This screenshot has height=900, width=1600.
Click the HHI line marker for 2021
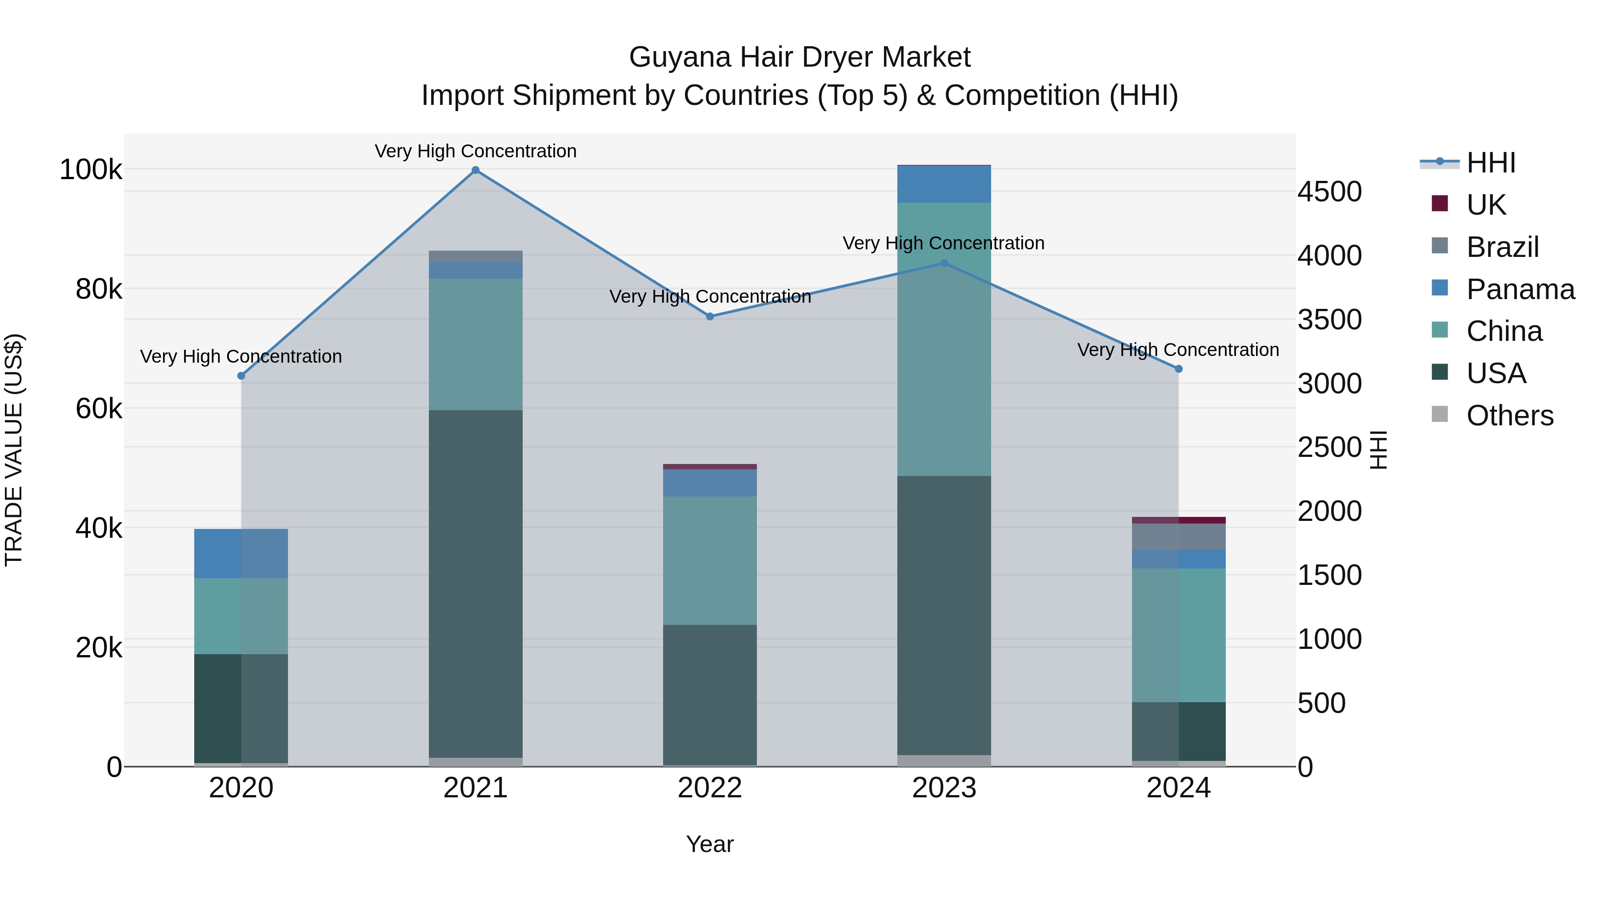475,170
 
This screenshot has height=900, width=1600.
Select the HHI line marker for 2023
944,264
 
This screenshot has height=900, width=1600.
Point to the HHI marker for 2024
1178,369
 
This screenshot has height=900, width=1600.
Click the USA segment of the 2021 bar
475,584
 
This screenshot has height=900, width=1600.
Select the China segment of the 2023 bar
944,339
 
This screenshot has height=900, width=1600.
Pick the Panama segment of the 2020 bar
241,553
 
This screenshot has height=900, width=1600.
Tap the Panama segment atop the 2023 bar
944,184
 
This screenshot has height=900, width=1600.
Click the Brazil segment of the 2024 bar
1178,536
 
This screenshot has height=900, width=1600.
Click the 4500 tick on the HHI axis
1329,192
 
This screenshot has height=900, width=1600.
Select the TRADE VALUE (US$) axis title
14,450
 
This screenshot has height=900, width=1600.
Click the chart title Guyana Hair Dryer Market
800,58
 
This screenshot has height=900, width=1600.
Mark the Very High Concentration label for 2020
241,356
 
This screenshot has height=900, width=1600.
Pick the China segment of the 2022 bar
710,560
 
